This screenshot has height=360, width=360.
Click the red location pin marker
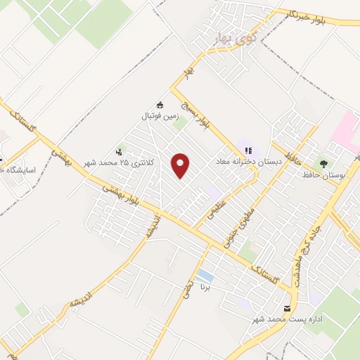[182, 166]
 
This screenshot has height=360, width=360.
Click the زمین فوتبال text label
[161, 117]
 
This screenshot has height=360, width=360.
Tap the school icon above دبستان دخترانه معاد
[248, 150]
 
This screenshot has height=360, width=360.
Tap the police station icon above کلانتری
[121, 150]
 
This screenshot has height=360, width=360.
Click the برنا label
[205, 287]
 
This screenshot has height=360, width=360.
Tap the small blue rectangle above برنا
[205, 274]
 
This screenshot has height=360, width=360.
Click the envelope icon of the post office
[286, 309]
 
